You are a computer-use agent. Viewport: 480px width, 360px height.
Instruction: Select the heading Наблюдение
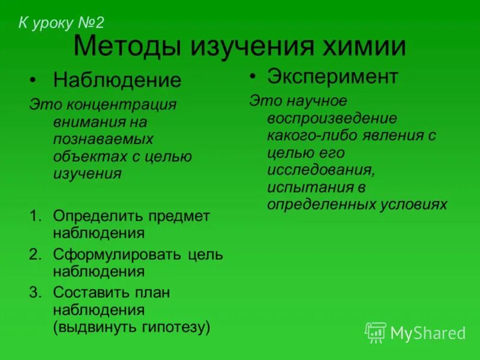click(x=117, y=80)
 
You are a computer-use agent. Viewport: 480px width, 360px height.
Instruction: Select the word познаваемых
click(x=103, y=139)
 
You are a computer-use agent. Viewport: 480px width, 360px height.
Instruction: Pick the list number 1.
click(x=34, y=216)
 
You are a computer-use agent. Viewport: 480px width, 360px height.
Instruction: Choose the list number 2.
click(x=34, y=254)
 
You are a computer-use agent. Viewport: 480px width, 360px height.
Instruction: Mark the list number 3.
click(x=34, y=293)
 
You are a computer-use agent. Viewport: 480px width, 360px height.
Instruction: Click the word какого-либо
click(x=306, y=136)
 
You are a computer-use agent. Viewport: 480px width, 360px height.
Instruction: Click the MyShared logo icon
click(x=376, y=332)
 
